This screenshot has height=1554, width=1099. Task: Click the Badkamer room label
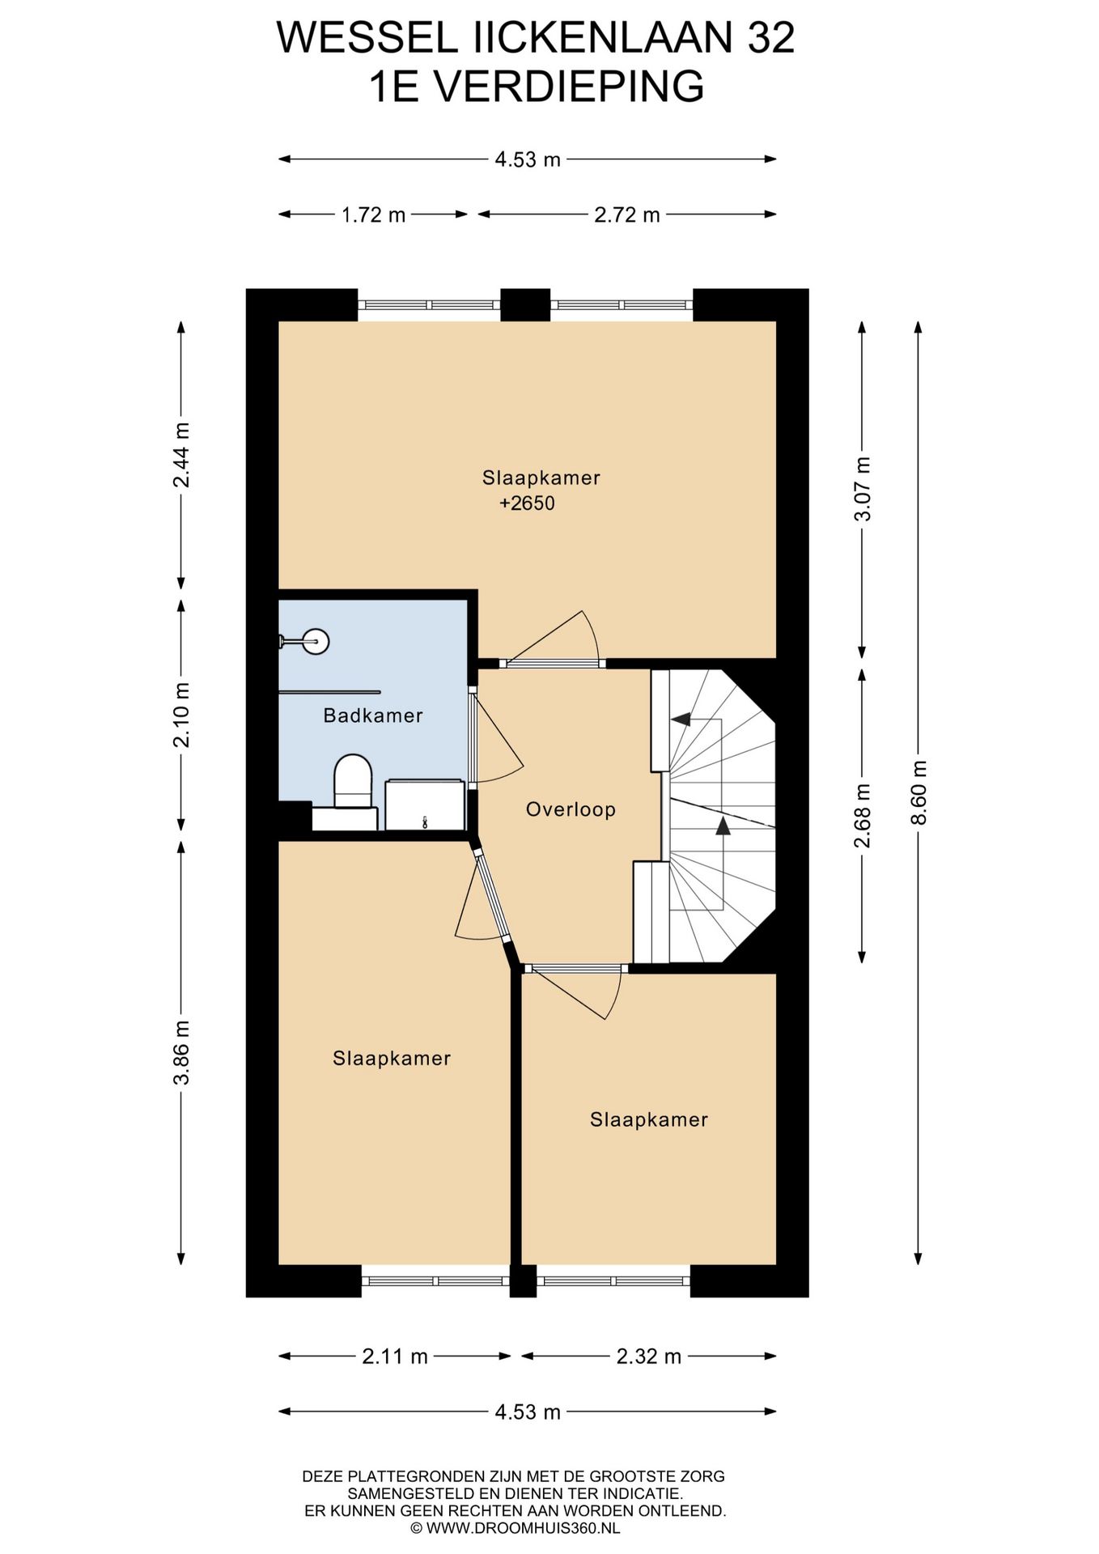(372, 715)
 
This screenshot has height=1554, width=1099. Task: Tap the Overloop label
(571, 809)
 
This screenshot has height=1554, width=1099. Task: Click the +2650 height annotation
(527, 503)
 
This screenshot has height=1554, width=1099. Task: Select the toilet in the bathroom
(352, 782)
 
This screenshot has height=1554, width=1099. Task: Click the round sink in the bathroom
(316, 641)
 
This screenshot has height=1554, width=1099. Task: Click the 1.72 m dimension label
(373, 214)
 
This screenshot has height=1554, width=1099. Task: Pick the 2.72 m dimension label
(627, 214)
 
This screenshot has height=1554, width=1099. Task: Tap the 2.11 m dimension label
(395, 1357)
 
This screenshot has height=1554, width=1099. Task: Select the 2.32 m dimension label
(649, 1357)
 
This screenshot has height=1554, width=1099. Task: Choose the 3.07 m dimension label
(863, 489)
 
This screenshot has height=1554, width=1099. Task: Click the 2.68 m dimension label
(863, 815)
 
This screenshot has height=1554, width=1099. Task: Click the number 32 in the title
(770, 38)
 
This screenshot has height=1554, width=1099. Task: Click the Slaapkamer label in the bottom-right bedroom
(649, 1119)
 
